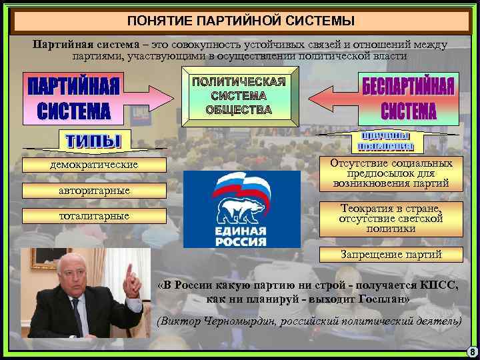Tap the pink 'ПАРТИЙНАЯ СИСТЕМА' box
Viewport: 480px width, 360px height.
point(73,99)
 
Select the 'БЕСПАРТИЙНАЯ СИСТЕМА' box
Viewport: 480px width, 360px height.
point(408,97)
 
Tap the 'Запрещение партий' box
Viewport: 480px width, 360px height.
point(391,254)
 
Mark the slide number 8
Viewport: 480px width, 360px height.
point(471,352)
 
